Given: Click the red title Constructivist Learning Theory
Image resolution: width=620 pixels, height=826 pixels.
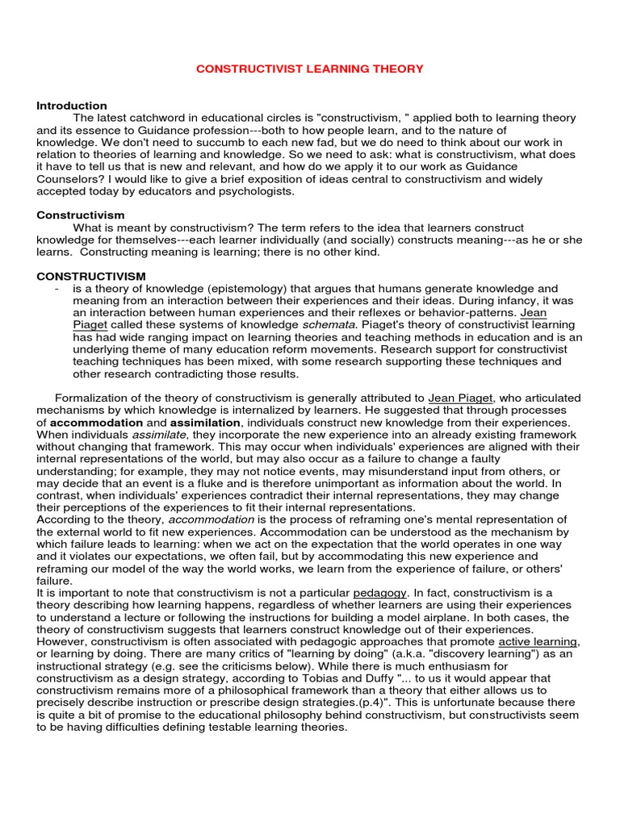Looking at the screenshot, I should pos(310,69).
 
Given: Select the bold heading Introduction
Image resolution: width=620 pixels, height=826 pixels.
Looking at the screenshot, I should pos(72,106).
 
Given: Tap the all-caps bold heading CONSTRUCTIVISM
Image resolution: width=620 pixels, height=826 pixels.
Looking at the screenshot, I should pos(91,276).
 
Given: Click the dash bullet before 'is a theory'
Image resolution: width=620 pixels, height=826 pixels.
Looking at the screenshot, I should pos(56,289).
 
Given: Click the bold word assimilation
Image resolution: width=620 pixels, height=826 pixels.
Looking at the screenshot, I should pos(205,423).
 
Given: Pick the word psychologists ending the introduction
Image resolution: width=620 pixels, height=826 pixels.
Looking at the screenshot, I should pos(258,191).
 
